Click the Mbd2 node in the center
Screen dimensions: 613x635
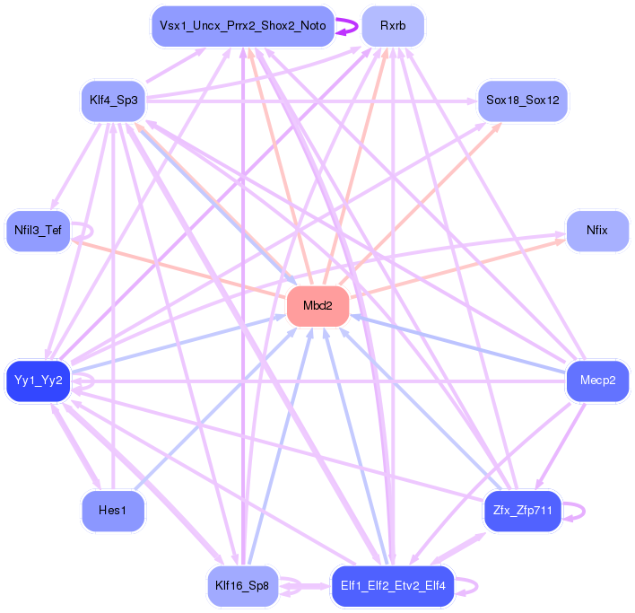coord(317,306)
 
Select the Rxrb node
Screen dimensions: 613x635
coord(392,26)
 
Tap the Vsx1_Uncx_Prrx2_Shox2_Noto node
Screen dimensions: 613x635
coord(242,26)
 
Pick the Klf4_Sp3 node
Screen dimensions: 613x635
coord(113,100)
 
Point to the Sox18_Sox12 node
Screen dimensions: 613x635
coord(522,100)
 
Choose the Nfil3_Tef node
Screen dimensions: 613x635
coord(38,231)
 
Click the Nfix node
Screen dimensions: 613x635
coord(596,231)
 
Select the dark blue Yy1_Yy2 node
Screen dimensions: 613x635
coord(38,381)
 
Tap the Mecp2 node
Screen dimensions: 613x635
coord(596,381)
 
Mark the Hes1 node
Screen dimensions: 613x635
coord(113,511)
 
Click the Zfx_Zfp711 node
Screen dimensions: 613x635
coord(522,511)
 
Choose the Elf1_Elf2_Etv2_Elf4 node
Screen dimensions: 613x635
coord(392,586)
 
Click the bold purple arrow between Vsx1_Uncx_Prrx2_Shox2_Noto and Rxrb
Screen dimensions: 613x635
coord(347,26)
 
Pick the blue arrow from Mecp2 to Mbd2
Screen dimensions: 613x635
coord(457,344)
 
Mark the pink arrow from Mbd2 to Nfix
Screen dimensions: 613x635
coord(457,268)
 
